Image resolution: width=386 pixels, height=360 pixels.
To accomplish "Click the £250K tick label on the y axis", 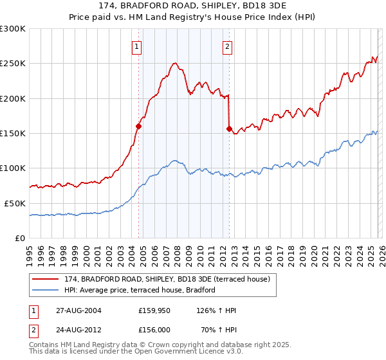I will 13,64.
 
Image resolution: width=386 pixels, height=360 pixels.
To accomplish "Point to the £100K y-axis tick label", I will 13,168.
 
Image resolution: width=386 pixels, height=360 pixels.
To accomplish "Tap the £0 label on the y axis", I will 21,238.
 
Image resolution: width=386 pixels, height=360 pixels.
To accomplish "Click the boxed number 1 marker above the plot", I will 138,46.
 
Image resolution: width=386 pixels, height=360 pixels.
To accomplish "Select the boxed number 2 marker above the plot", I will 228,46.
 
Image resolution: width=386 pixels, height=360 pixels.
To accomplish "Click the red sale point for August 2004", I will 138,127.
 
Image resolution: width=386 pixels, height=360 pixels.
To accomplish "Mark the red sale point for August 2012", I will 229,129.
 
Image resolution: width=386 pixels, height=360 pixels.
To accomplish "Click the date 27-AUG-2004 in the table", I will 78,310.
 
